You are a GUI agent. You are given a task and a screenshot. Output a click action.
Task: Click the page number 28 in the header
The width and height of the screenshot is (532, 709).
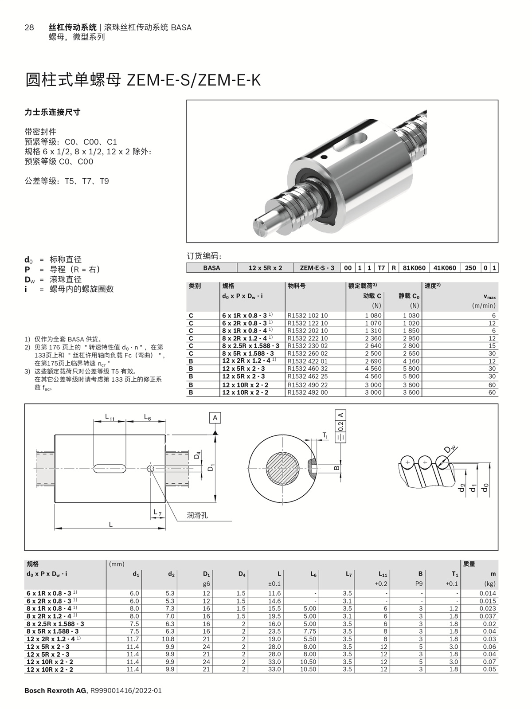point(29,27)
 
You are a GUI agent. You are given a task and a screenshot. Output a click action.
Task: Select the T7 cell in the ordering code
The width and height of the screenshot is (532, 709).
point(381,268)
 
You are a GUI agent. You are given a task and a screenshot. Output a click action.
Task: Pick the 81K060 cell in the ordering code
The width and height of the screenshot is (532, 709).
point(414,268)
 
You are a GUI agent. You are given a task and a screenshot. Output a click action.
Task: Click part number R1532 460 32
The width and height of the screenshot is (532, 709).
point(308,368)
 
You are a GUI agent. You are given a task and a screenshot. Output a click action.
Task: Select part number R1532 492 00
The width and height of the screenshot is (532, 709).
point(308,392)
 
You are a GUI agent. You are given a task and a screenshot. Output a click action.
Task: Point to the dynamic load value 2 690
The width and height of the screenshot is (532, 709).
point(373,361)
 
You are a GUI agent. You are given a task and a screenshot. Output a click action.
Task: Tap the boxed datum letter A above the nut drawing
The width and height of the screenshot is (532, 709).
point(215,418)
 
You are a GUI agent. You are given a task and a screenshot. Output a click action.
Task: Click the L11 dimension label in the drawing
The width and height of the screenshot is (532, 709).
point(110,417)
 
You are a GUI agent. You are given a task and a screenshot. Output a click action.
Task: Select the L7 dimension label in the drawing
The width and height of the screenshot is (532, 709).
point(157,513)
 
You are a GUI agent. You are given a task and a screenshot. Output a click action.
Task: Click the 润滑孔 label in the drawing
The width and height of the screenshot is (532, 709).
point(197,515)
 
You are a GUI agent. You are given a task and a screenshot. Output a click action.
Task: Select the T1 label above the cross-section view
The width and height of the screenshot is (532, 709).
point(325,436)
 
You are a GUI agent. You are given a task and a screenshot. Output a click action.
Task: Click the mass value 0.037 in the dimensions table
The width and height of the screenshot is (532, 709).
point(488,616)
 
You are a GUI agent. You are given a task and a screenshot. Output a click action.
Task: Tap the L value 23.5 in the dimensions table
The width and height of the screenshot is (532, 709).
point(274,631)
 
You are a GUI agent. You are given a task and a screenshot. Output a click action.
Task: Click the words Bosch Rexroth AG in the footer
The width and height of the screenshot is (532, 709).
point(56,690)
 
